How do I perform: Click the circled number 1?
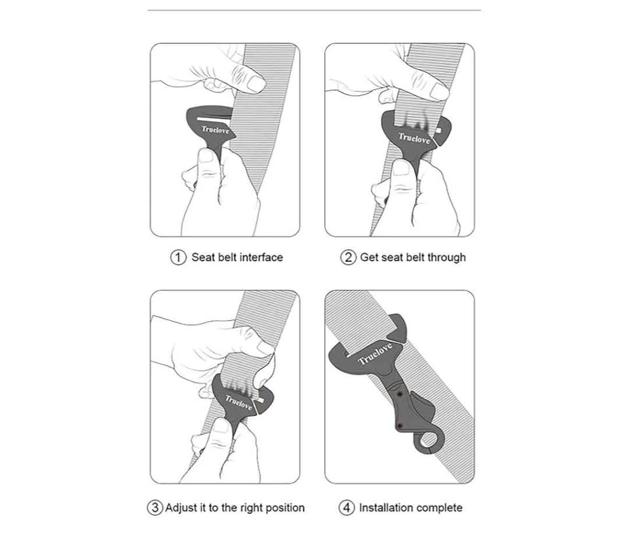click(178, 257)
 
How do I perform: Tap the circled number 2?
click(348, 257)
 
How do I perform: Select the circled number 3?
click(155, 508)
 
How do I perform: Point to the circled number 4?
click(347, 508)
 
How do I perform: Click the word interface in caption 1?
click(261, 257)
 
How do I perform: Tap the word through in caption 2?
click(446, 257)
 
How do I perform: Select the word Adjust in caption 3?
click(181, 508)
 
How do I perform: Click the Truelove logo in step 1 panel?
click(215, 130)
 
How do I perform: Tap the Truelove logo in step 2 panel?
click(414, 138)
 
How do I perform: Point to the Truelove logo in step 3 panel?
click(238, 402)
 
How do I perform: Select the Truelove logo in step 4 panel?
click(375, 354)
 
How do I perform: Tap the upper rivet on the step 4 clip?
click(400, 395)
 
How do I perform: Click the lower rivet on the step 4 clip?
click(400, 425)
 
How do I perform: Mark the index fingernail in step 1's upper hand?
click(256, 83)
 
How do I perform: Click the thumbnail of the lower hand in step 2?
click(401, 167)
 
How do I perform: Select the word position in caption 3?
click(285, 508)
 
